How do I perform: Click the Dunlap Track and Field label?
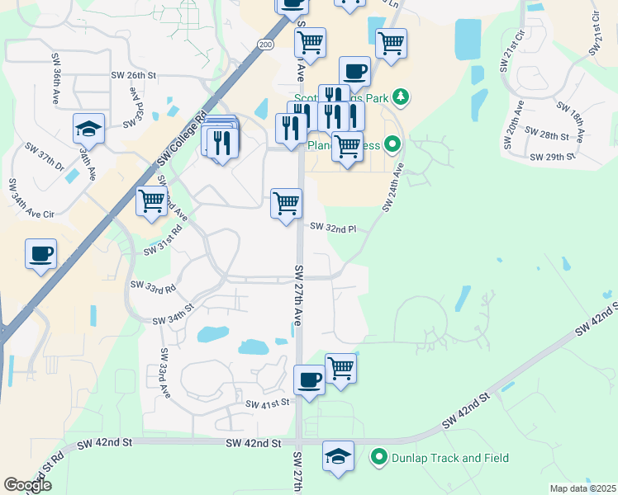[451, 457]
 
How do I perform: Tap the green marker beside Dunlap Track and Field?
[379, 456]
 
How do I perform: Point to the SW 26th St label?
[134, 75]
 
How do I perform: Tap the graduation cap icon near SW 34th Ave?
[88, 129]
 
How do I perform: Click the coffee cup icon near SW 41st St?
[309, 380]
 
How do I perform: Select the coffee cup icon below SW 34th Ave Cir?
[40, 253]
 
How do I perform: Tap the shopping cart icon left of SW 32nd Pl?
[286, 203]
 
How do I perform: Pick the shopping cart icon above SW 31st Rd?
[151, 201]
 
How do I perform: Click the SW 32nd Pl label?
[333, 228]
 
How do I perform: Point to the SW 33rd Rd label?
[153, 287]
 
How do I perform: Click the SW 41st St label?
[270, 403]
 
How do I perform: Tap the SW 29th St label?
[550, 156]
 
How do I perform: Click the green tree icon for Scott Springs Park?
[402, 97]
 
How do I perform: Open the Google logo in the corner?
[27, 484]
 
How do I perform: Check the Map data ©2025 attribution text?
[582, 488]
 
